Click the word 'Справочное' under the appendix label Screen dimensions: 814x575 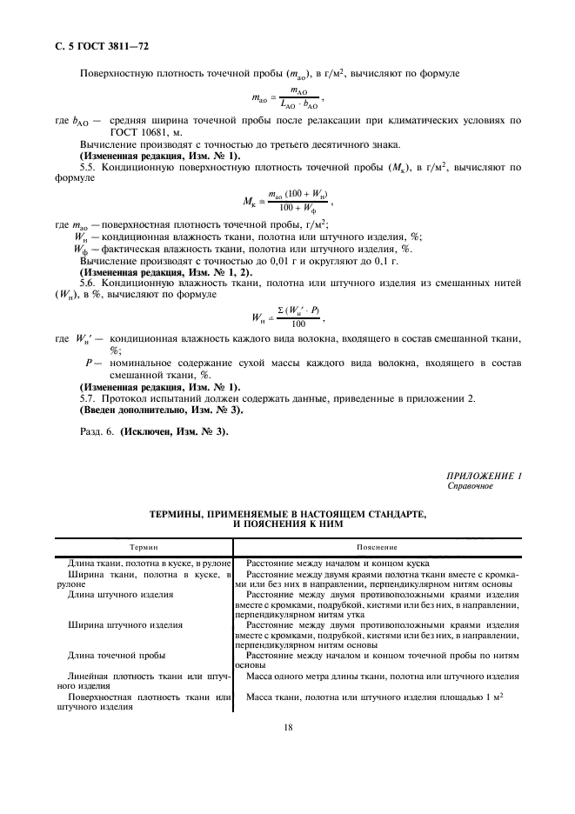point(470,486)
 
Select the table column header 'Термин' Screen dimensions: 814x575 point(144,547)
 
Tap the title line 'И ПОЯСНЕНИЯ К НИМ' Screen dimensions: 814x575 point(287,524)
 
